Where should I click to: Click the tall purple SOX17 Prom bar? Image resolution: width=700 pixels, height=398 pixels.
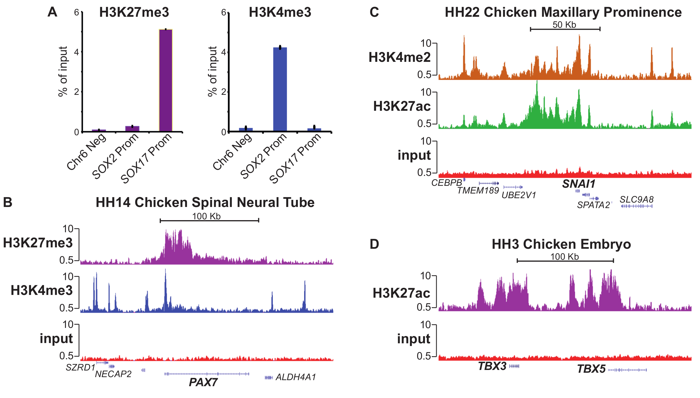point(166,80)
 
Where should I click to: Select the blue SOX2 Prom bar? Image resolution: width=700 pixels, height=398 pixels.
point(280,89)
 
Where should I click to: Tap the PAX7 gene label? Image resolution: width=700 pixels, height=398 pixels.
point(203,382)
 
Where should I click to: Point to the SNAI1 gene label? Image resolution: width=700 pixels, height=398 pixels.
point(579,184)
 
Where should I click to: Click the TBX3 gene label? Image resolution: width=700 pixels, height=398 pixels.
point(492,366)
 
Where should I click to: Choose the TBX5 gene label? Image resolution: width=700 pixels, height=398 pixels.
point(591,369)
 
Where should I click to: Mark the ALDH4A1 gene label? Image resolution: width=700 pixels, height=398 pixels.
point(296,377)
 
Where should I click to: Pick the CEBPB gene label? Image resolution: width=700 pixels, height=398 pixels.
point(447,183)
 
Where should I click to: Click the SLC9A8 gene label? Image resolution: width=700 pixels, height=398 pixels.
point(637,200)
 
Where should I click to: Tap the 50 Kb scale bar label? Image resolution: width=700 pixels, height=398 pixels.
point(564,25)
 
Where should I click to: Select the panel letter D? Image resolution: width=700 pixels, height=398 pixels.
point(374,244)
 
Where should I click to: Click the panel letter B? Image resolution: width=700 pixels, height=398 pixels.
point(8,202)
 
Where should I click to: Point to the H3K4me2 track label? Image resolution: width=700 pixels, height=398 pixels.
point(399,57)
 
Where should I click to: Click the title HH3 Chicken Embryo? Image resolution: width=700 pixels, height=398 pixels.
point(561,244)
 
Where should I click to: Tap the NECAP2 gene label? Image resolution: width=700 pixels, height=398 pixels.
point(113,374)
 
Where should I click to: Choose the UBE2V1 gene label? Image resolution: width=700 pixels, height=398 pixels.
point(519,195)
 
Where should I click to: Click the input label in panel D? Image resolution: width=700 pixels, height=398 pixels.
point(413,339)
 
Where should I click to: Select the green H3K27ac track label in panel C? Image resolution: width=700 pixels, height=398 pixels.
point(402,106)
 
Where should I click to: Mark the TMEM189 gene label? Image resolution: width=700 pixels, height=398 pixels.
point(478,190)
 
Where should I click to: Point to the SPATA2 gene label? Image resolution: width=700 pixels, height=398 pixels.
point(593,205)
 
